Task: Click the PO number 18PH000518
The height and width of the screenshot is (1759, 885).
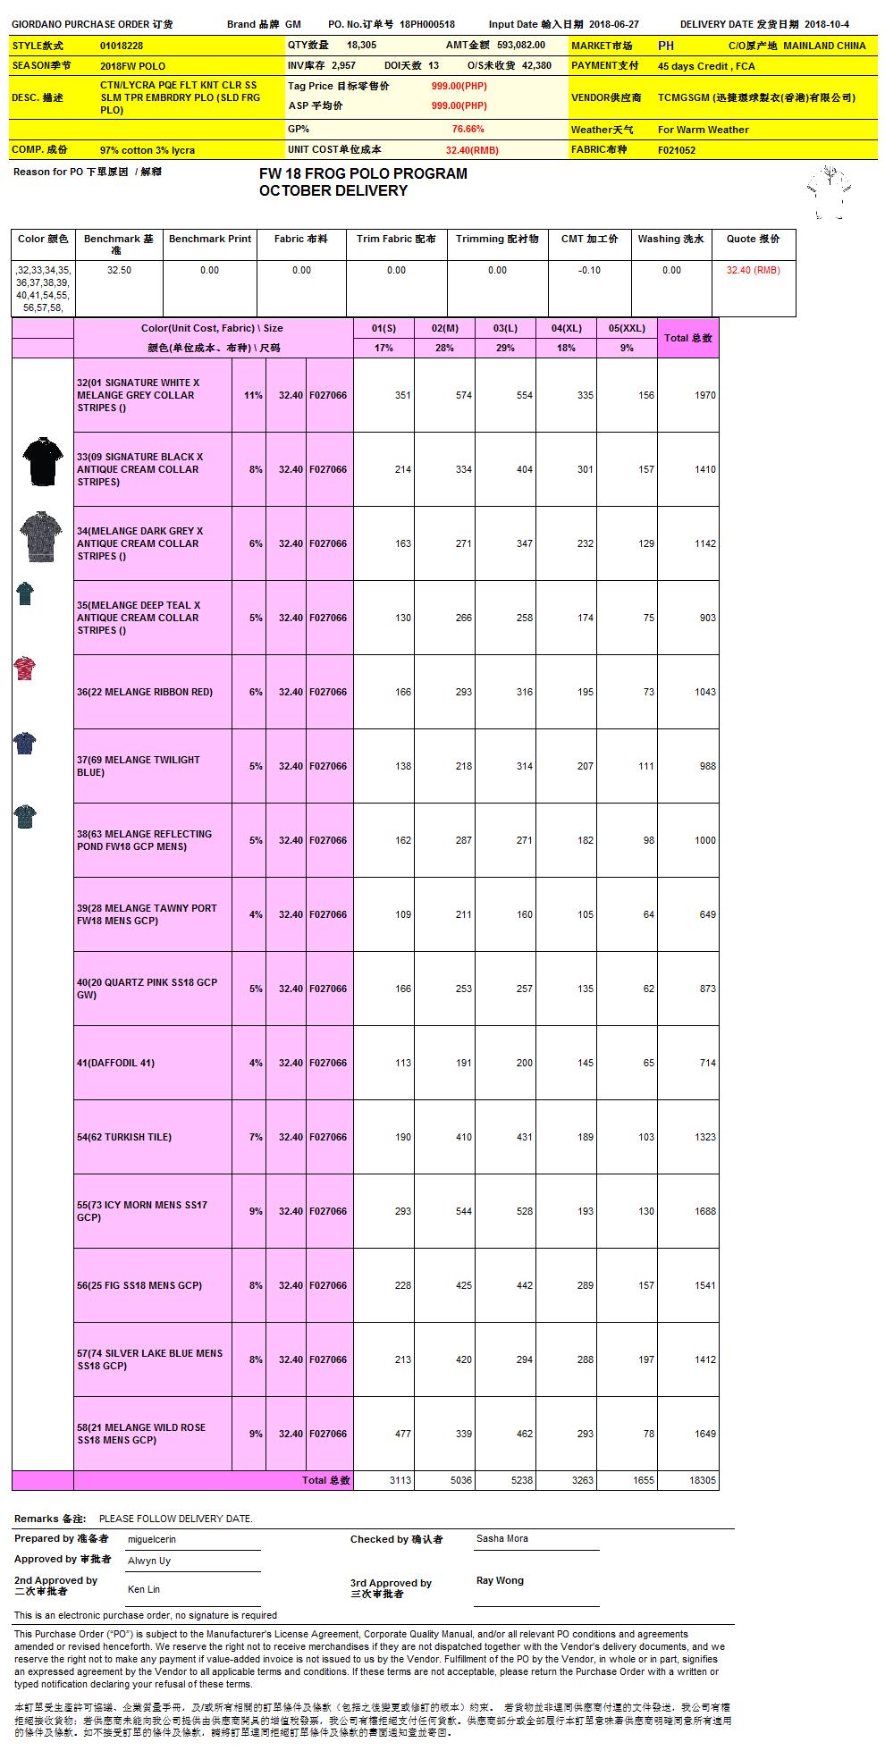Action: (427, 25)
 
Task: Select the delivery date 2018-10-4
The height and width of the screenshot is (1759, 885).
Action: (827, 25)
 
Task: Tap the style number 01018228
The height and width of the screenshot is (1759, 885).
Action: (122, 46)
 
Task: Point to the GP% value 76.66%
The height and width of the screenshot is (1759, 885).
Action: (468, 129)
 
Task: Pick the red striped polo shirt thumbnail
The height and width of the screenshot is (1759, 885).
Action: (25, 669)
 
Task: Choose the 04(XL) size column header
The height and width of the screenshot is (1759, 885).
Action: (566, 328)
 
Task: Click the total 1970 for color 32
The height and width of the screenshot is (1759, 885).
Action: (704, 395)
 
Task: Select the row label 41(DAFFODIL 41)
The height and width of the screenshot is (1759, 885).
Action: (115, 1063)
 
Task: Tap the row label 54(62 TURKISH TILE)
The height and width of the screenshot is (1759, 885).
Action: (124, 1137)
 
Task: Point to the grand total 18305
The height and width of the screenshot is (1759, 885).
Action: (703, 1480)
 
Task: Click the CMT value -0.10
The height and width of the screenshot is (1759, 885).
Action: (589, 270)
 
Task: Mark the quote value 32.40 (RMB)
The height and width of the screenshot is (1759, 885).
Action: (753, 270)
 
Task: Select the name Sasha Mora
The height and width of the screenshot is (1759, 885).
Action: (501, 1538)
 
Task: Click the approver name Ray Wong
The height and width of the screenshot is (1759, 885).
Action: (500, 1580)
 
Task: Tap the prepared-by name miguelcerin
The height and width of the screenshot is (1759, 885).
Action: (152, 1539)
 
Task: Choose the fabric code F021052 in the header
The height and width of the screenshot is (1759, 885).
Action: (677, 150)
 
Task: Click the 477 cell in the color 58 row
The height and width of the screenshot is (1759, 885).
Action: (402, 1434)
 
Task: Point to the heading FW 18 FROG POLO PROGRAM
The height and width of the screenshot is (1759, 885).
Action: (363, 173)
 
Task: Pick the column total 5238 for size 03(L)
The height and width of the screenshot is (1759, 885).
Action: (521, 1480)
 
